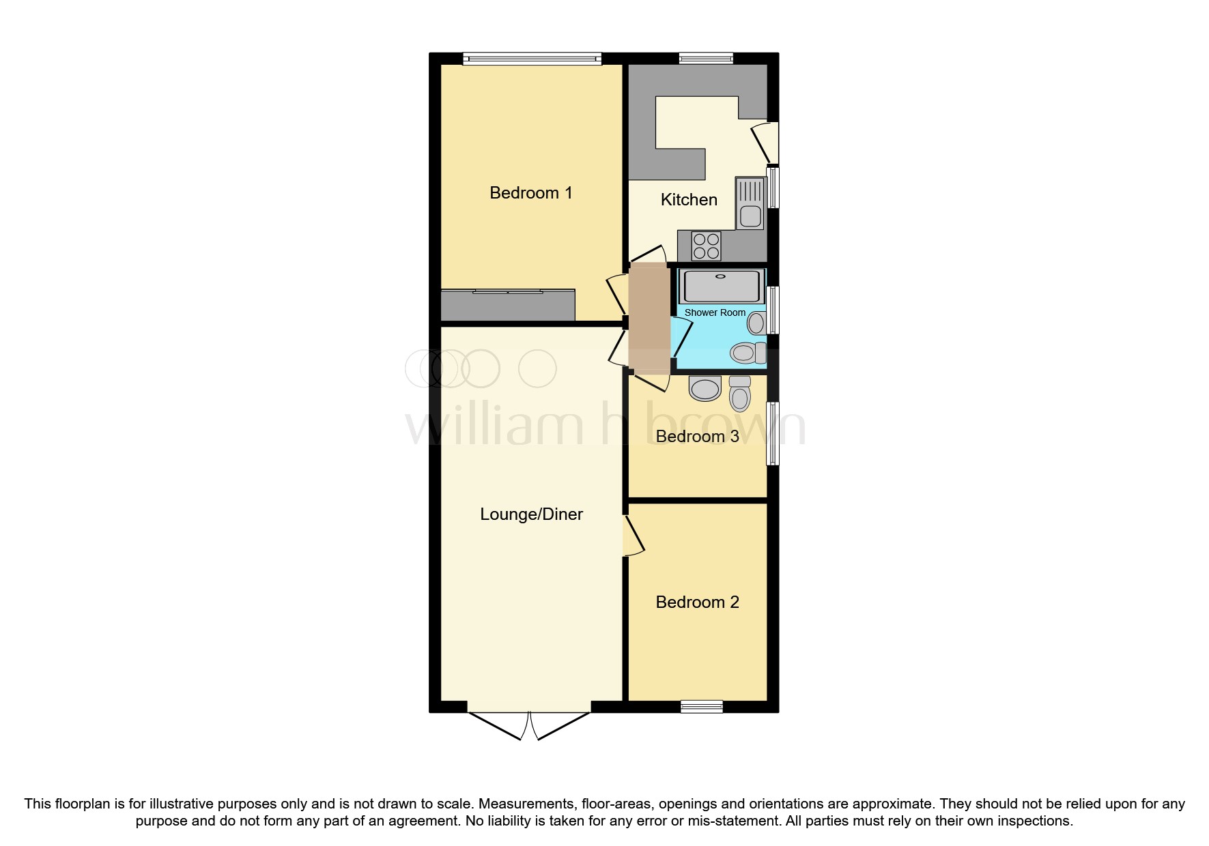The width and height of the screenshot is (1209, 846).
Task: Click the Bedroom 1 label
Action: (x=530, y=193)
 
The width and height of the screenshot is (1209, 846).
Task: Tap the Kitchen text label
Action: (x=689, y=200)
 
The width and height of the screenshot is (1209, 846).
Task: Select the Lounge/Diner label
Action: (x=531, y=514)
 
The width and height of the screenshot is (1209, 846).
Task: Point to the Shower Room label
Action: (x=715, y=312)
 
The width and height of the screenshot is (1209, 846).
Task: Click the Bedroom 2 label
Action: (x=697, y=602)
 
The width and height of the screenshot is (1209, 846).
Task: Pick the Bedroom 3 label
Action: (x=697, y=437)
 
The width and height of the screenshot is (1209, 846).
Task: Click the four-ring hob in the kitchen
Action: (x=706, y=246)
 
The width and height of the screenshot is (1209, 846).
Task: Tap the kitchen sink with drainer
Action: (x=750, y=203)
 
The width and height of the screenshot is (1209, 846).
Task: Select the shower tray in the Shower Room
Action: (x=720, y=286)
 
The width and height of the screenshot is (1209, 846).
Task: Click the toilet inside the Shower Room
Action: (x=748, y=353)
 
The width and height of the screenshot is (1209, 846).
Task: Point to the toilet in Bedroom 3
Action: (x=739, y=392)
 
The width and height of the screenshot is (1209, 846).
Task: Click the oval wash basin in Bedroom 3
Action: (x=705, y=388)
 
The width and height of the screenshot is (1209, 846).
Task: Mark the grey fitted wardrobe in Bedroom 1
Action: (x=508, y=306)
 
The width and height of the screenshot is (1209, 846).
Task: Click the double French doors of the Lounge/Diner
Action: (x=529, y=726)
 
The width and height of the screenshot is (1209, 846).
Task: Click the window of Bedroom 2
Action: (x=702, y=707)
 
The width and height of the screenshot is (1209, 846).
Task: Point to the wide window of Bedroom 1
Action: (x=532, y=59)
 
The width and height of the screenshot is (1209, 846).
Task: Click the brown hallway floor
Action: (x=649, y=319)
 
